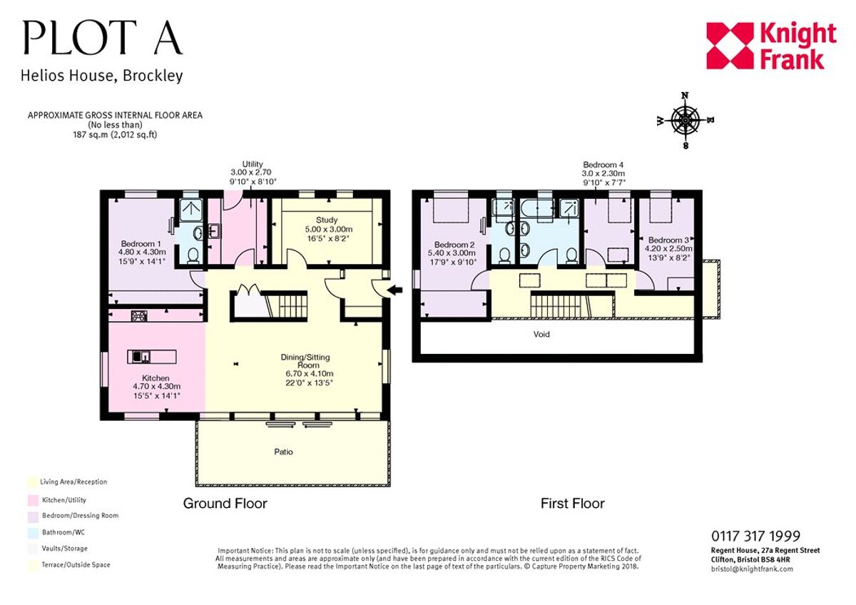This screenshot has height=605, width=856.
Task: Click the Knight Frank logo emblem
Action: [x=730, y=46]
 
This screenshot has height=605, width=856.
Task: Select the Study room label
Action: [x=327, y=220]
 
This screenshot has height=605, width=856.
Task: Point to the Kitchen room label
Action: [x=155, y=378]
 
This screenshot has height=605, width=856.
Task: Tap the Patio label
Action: [x=284, y=452]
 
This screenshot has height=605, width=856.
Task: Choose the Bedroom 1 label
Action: [x=140, y=243]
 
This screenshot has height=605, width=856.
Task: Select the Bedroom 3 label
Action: [x=668, y=240]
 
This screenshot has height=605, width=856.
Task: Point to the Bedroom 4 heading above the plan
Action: [x=603, y=164]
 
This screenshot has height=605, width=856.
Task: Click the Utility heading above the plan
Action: [x=253, y=164]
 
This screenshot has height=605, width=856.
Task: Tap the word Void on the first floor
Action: [x=542, y=334]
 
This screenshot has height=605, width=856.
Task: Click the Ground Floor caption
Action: [x=225, y=504]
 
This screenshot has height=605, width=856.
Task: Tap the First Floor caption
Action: [x=572, y=504]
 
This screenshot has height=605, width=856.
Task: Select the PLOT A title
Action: [x=102, y=38]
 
